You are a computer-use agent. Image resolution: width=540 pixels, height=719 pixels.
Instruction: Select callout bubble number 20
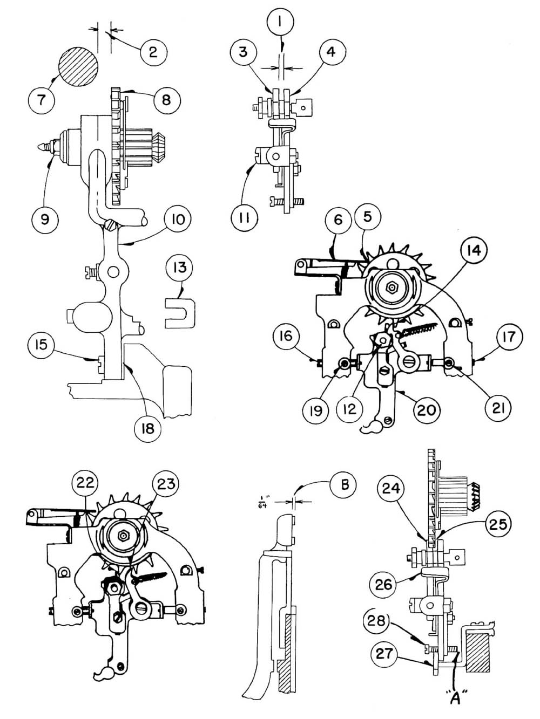[424, 409]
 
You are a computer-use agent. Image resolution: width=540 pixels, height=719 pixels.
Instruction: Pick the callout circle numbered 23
[165, 483]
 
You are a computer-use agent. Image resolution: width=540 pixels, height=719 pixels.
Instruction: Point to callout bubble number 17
[508, 337]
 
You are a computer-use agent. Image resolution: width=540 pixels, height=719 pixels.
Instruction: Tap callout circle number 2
[152, 51]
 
